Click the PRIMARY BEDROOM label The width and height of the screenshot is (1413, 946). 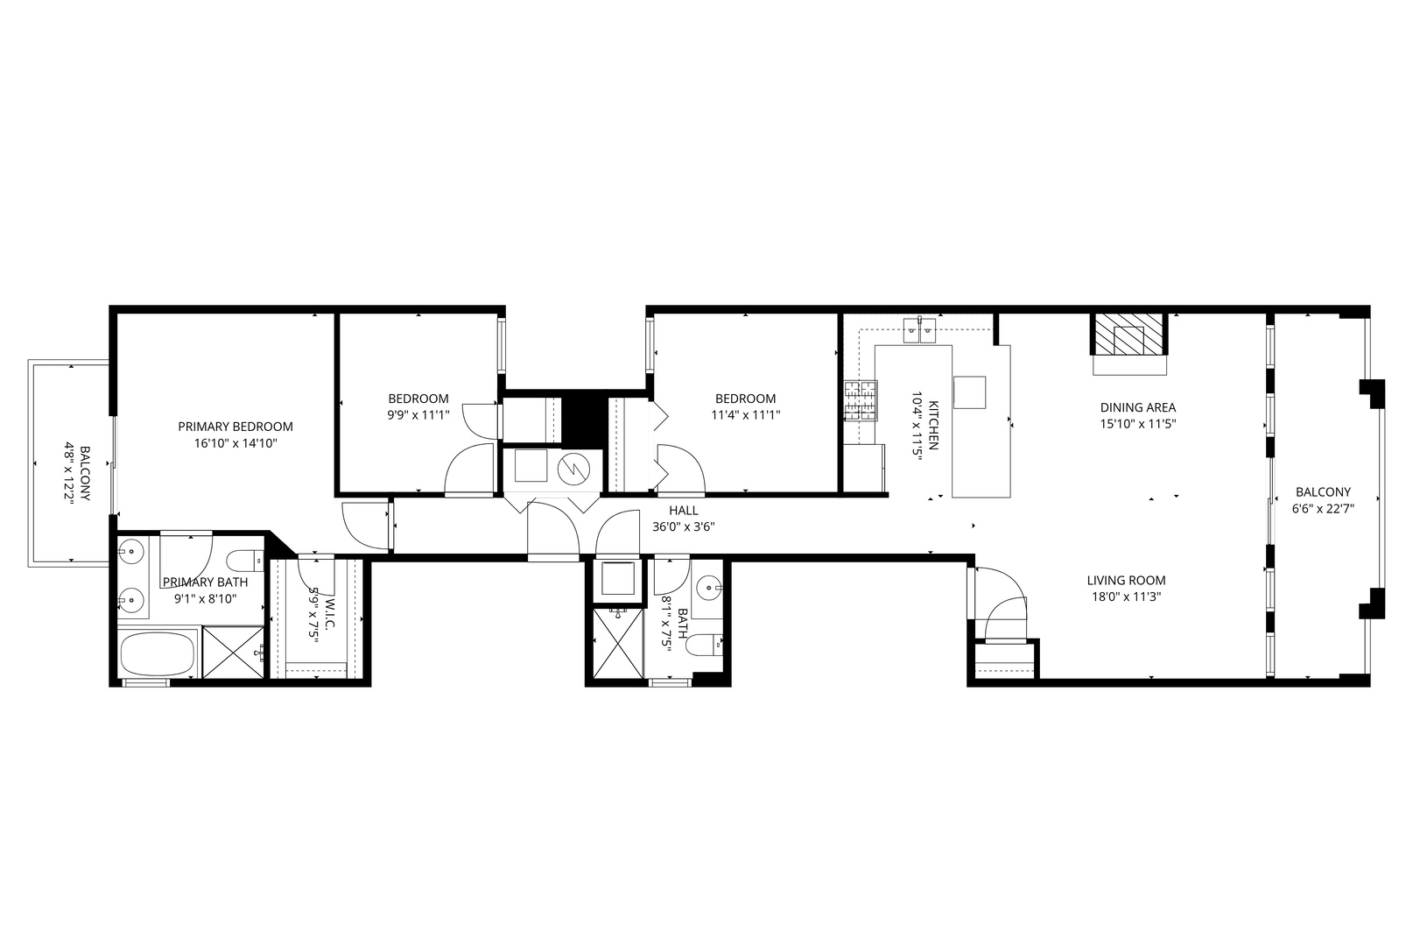(x=235, y=427)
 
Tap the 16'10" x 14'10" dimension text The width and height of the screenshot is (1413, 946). (x=235, y=443)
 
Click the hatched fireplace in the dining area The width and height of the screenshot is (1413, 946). (x=1128, y=334)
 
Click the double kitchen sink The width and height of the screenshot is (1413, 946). (x=920, y=330)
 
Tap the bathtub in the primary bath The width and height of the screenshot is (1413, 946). (x=158, y=654)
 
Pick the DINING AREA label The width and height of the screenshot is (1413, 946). (x=1137, y=407)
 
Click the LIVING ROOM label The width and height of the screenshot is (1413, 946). (x=1126, y=580)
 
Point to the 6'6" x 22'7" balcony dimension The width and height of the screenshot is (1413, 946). (x=1323, y=508)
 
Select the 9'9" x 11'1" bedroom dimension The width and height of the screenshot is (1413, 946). (x=418, y=415)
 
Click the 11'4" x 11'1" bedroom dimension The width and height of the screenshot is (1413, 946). (x=745, y=415)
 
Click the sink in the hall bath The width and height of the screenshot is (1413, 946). (x=708, y=585)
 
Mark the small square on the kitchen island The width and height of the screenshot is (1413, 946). (x=969, y=392)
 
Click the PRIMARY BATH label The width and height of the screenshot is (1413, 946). (x=205, y=582)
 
